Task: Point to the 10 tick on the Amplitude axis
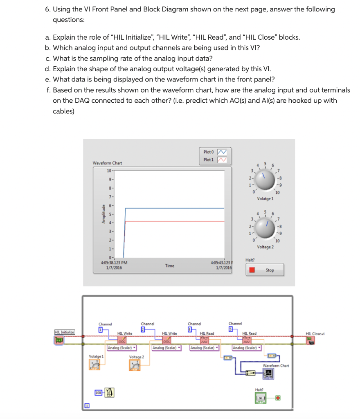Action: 109,171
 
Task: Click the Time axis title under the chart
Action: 170,266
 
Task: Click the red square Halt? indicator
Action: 252,270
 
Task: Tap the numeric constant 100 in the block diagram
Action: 98,393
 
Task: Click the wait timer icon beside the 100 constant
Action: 109,392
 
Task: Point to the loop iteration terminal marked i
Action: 87,406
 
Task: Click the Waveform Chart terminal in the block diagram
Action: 268,373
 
